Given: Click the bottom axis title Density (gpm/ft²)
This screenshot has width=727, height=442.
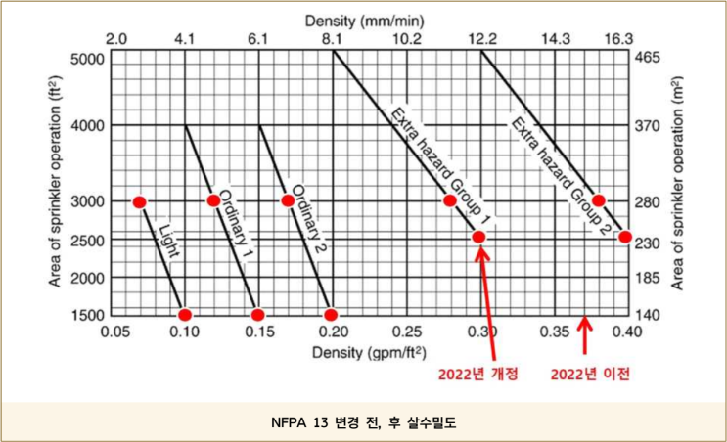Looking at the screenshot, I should [369, 351].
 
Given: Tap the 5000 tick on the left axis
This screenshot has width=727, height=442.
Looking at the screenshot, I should [86, 58].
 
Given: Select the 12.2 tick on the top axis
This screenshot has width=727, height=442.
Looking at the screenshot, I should [481, 39].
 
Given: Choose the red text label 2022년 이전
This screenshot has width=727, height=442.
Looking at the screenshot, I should [590, 375].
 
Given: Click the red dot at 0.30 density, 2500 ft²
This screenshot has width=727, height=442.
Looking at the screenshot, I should [479, 237].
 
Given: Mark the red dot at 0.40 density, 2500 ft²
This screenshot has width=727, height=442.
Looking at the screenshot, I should [624, 237].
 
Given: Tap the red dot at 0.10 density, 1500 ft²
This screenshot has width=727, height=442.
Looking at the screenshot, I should [185, 314].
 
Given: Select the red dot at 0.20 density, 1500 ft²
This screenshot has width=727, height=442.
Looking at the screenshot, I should [332, 314].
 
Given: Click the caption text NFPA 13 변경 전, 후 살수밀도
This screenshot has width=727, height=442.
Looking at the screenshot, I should [363, 423].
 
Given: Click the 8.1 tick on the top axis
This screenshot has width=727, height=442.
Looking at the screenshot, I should [333, 39].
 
